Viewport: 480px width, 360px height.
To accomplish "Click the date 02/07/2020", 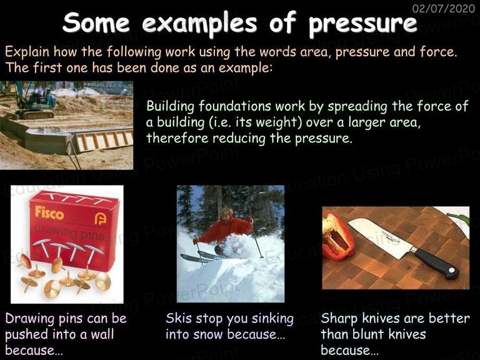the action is (444, 7).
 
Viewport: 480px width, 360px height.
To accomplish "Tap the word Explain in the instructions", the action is (27, 52).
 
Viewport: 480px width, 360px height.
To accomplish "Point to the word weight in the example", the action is (276, 122).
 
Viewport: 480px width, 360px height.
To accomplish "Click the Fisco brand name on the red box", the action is (49, 212).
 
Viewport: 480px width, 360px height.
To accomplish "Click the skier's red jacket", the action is (226, 229).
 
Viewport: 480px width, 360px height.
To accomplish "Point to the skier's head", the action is (227, 212).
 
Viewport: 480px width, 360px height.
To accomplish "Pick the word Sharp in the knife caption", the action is (339, 319).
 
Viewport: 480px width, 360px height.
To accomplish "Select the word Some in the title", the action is (96, 22).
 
